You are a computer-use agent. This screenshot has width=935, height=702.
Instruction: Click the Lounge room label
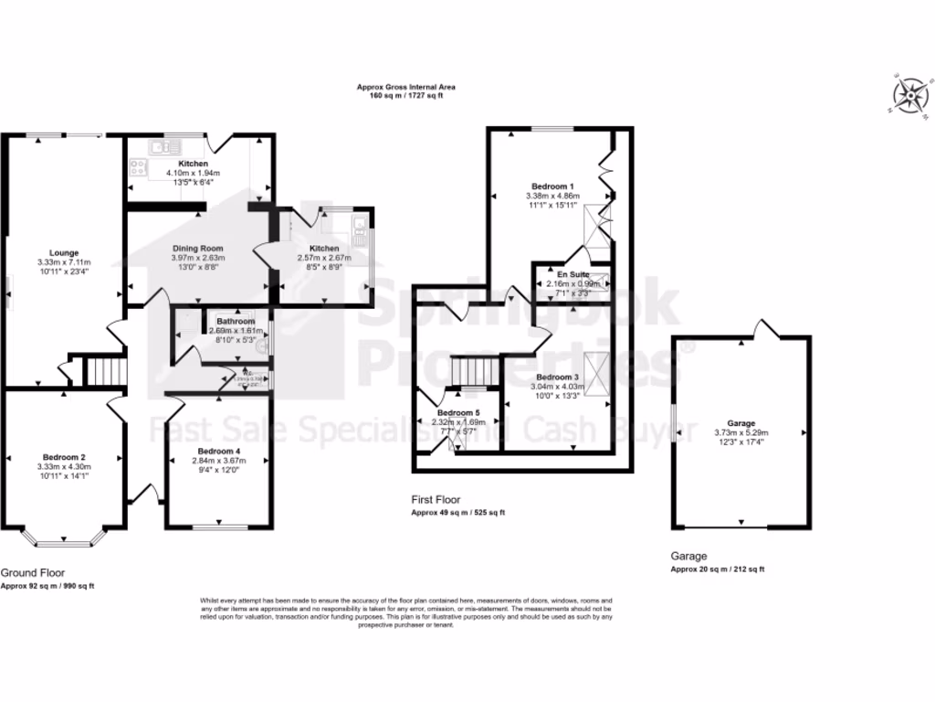tap(64, 252)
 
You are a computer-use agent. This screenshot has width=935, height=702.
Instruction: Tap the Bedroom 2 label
tap(64, 457)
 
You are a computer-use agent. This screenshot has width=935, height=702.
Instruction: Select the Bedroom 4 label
tap(219, 452)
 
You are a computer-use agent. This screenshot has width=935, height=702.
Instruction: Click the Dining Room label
tap(197, 248)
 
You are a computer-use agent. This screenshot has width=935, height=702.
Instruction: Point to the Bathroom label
tap(236, 322)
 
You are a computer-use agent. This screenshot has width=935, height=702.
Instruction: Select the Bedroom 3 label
tap(557, 377)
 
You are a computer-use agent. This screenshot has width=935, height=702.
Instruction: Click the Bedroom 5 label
tap(458, 413)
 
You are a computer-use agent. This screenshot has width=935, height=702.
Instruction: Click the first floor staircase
tap(474, 373)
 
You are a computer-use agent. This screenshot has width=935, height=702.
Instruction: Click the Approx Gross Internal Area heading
tap(405, 88)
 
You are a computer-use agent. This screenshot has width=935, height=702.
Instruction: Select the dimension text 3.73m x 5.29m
tap(741, 432)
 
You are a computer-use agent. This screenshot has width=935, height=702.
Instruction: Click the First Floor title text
tap(436, 500)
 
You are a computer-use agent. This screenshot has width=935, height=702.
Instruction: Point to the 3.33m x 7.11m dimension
tap(64, 262)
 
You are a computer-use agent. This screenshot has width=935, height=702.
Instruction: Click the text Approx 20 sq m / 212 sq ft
tap(718, 569)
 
